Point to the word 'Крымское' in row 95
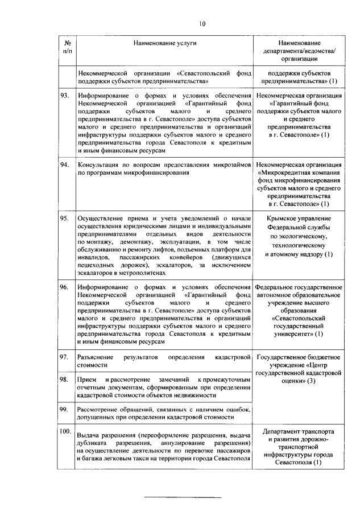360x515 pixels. tap(282, 218)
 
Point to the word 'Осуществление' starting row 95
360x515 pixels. tap(101, 218)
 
